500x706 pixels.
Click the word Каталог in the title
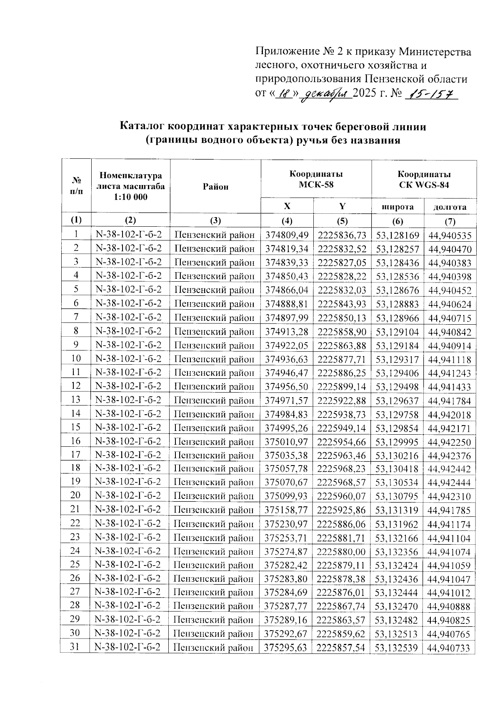(x=144, y=126)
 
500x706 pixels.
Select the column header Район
(x=215, y=187)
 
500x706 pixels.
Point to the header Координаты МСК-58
(x=316, y=179)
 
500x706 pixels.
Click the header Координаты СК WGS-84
(x=424, y=179)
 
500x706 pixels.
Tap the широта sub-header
(x=398, y=207)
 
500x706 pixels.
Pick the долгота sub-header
(x=450, y=207)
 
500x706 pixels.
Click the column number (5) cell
(x=342, y=221)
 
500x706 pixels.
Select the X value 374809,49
(x=287, y=235)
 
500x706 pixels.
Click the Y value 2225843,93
(x=342, y=304)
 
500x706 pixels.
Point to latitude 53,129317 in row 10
(x=397, y=359)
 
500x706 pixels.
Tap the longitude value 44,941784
(x=450, y=401)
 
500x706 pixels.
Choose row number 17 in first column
(x=75, y=455)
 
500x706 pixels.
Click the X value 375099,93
(x=287, y=496)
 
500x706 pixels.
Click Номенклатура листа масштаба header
(x=130, y=186)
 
